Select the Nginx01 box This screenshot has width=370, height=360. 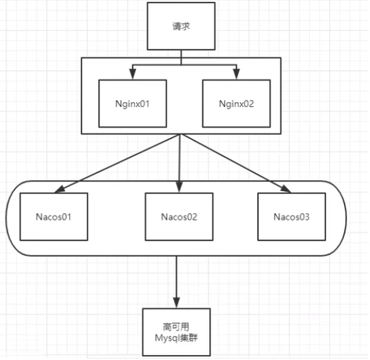133,103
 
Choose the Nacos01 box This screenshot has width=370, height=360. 54,217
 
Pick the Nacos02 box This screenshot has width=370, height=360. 179,217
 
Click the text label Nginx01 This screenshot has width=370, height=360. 133,103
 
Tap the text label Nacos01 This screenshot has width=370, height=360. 54,217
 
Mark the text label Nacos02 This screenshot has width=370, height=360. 179,217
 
